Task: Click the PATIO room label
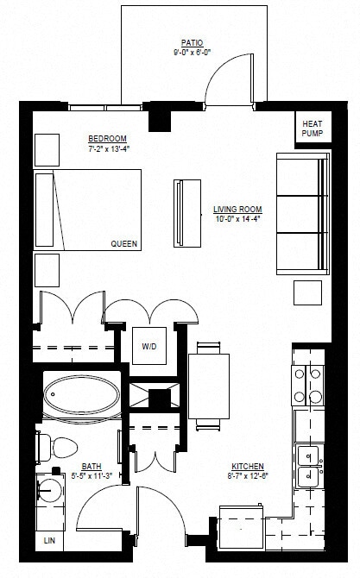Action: tap(192, 41)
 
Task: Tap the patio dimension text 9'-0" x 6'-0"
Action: tap(192, 51)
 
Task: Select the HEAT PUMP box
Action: tap(312, 128)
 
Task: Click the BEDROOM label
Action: tap(107, 138)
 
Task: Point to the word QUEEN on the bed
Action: tap(123, 244)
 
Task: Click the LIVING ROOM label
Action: tap(237, 209)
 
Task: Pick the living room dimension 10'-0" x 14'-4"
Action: tap(237, 219)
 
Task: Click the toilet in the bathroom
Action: tap(59, 447)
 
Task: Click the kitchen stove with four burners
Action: tap(308, 386)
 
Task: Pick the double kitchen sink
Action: tap(308, 466)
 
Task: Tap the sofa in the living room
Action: tap(302, 214)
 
